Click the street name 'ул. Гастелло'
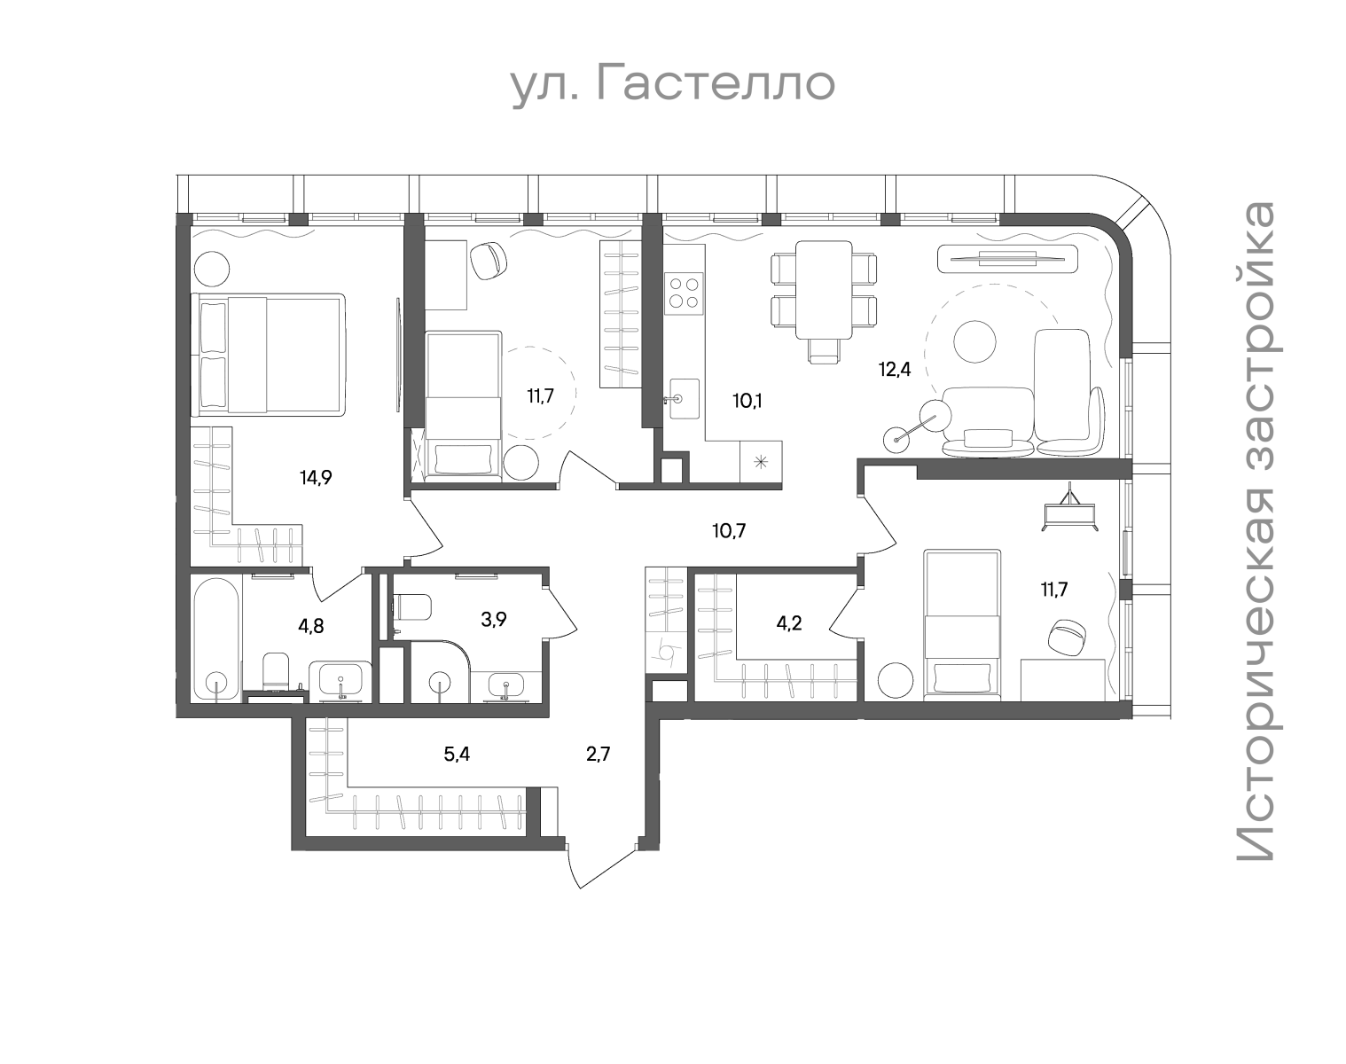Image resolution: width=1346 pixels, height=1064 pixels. pyautogui.click(x=674, y=86)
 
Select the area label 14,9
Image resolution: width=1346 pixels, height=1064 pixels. pyautogui.click(x=316, y=478)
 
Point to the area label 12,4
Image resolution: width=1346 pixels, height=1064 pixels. pyautogui.click(x=895, y=369)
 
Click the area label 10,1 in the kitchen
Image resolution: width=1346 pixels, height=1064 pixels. pyautogui.click(x=747, y=401)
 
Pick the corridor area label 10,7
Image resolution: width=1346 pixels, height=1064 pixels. pyautogui.click(x=729, y=532)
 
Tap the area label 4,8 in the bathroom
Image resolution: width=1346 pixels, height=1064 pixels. pyautogui.click(x=311, y=625)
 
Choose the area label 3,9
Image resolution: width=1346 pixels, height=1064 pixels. pyautogui.click(x=494, y=620)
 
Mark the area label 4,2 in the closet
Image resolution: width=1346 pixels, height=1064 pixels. pyautogui.click(x=788, y=623)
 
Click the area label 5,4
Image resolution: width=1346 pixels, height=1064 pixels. pyautogui.click(x=457, y=755)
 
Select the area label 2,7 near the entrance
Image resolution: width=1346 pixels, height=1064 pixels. pyautogui.click(x=598, y=755)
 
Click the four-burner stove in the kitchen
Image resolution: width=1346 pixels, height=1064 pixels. pyautogui.click(x=685, y=293)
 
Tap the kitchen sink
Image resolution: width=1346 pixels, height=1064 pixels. pyautogui.click(x=685, y=398)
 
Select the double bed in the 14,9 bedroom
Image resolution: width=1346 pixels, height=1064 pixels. pyautogui.click(x=269, y=355)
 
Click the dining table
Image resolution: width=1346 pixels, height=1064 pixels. pyautogui.click(x=824, y=290)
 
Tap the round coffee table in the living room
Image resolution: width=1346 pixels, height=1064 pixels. pyautogui.click(x=974, y=340)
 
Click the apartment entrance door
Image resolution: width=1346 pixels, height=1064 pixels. pyautogui.click(x=604, y=865)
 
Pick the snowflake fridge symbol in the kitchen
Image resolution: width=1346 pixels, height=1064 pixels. pyautogui.click(x=761, y=462)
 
